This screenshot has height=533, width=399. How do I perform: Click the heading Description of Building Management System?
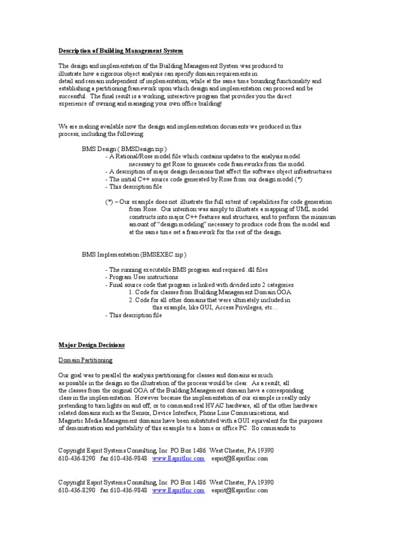coord(121,50)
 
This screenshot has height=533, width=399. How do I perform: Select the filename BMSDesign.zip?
coord(143,149)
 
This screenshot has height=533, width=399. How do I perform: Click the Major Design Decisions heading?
coord(91,345)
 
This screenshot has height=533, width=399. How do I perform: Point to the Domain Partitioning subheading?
coord(85,360)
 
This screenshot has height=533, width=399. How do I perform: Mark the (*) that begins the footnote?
coord(109,201)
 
